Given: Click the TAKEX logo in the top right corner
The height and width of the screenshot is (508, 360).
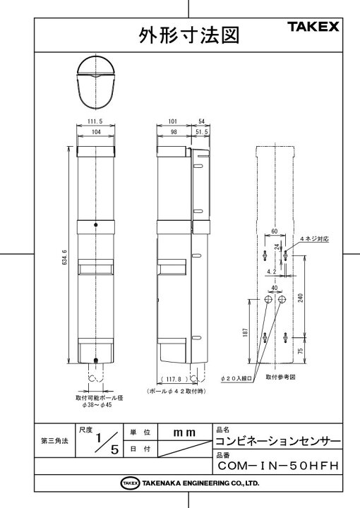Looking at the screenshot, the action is pos(313,27).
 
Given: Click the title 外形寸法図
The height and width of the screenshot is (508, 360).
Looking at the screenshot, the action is pos(189,35).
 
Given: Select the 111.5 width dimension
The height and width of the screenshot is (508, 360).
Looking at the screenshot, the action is pos(95,121).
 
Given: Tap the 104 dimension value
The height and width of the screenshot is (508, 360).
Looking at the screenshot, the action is pos(96,132).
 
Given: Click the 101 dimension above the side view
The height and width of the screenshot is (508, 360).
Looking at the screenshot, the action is pos(173,121).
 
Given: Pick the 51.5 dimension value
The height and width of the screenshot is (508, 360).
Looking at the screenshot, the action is pos(202,132).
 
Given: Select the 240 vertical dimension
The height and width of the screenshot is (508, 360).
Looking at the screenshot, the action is pos(301,298).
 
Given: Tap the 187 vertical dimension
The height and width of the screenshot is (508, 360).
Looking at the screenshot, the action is pos(245,332).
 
